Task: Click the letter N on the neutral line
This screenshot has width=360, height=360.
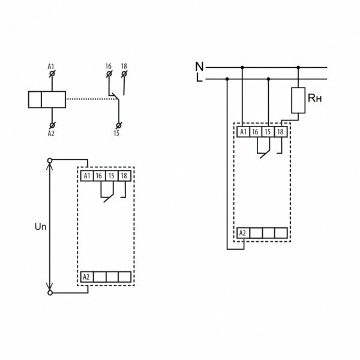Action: point(199,67)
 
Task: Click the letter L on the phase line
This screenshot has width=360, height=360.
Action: point(199,78)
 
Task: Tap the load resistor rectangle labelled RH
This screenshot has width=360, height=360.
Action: point(298,100)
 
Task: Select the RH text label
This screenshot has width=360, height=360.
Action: point(314,98)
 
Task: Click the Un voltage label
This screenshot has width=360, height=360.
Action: point(40,227)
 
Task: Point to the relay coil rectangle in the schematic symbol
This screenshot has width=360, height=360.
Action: point(47,100)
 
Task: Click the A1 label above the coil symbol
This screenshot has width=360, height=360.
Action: point(51,67)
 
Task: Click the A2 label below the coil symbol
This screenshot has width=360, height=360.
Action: point(51,133)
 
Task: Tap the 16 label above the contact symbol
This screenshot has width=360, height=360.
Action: point(109,67)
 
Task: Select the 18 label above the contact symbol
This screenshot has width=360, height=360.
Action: point(124,66)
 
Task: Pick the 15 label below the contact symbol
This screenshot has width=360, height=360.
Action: point(116,133)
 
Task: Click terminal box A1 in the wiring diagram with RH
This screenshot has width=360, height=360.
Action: point(243,132)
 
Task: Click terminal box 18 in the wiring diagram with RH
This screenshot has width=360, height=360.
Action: point(281,132)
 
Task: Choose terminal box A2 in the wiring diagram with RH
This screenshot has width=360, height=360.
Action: point(243,233)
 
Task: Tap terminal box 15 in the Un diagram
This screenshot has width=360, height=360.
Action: point(112,176)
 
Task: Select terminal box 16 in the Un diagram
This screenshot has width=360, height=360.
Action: point(99,176)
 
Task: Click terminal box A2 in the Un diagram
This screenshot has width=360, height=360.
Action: point(86,277)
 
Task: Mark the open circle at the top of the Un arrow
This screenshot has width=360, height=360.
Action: point(50,160)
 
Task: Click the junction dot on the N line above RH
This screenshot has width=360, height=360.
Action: point(298,67)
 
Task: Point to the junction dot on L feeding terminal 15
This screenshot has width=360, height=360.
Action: point(268,79)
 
